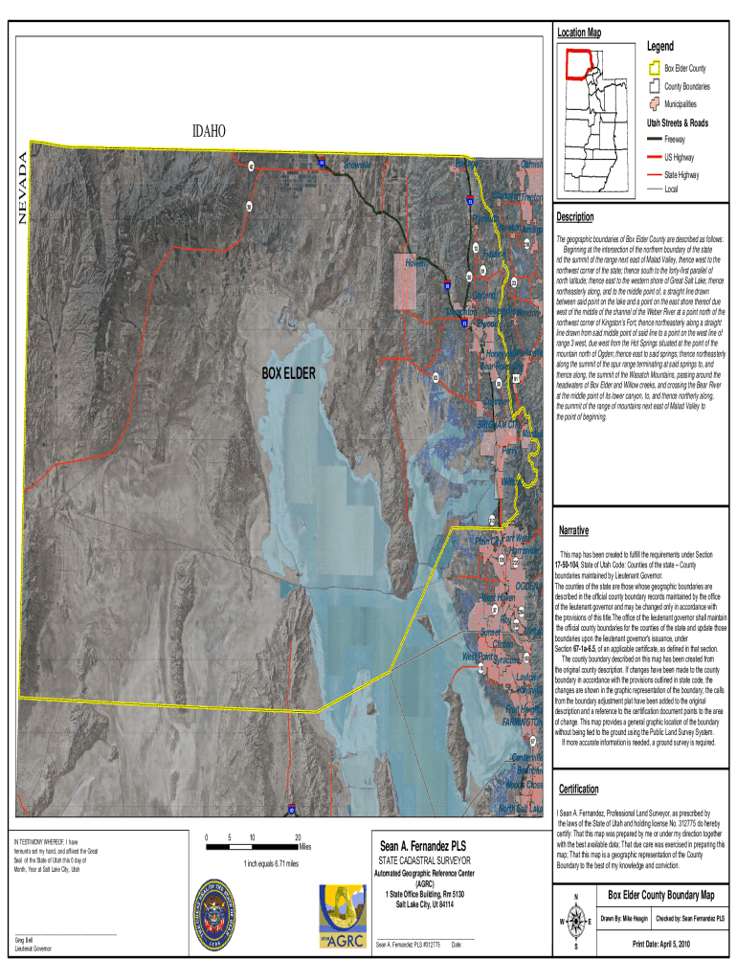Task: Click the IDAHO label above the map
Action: [x=209, y=129]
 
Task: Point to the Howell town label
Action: [x=414, y=263]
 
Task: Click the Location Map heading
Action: [x=579, y=33]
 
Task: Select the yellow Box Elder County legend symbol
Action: [x=655, y=69]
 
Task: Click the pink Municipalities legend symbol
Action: [x=655, y=102]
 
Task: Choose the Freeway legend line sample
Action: [x=655, y=140]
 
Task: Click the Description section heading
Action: [x=575, y=217]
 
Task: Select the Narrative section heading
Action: [x=573, y=530]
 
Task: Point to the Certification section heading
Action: [x=579, y=789]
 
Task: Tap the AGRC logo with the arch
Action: [x=343, y=916]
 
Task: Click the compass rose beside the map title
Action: [x=575, y=921]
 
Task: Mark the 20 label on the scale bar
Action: [x=298, y=837]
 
